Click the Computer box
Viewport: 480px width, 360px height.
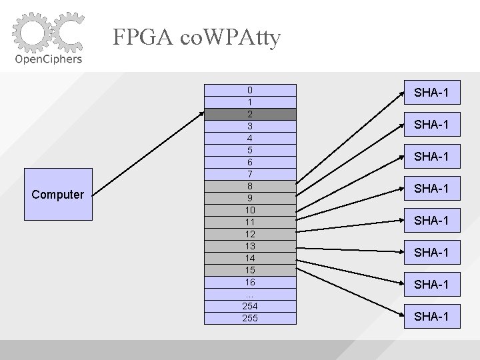[x=58, y=195]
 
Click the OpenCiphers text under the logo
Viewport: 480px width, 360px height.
[x=49, y=59]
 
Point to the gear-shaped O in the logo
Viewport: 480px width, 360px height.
[x=31, y=32]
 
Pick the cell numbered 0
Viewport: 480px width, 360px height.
[x=249, y=90]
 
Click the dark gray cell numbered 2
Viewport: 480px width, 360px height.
[x=249, y=114]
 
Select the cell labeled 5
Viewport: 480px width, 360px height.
[x=249, y=150]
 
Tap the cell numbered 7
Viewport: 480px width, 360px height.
[x=249, y=174]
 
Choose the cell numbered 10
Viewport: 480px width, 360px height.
[x=249, y=210]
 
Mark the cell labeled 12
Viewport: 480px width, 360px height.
[x=249, y=234]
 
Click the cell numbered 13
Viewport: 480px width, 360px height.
[x=249, y=246]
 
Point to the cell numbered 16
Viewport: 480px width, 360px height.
[x=249, y=282]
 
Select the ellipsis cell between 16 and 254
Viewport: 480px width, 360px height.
[x=249, y=294]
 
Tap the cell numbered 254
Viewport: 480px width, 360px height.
[x=249, y=306]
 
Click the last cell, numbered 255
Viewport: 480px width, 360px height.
[x=249, y=318]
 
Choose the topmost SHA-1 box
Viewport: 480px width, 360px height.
[x=431, y=93]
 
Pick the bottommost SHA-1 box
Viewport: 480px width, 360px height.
[x=431, y=316]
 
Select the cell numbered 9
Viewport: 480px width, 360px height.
[x=249, y=198]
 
